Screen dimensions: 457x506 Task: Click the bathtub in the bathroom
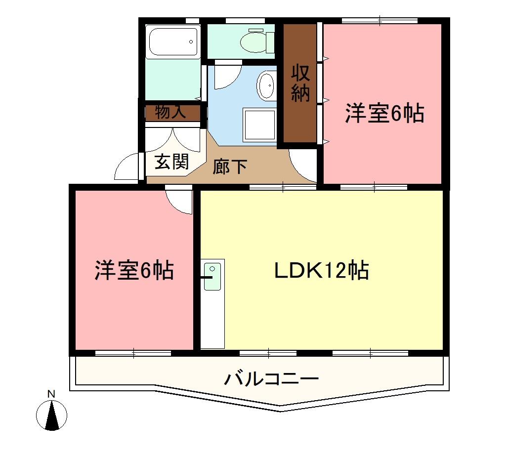tap(173, 42)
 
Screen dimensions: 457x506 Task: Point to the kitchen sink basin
tap(212, 269)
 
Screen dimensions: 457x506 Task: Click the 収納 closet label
tap(300, 83)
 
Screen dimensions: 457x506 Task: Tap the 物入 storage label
tap(170, 113)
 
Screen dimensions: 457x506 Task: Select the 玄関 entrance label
tap(171, 162)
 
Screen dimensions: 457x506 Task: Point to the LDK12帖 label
tap(322, 270)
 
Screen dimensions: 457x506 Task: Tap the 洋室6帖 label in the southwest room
tap(134, 270)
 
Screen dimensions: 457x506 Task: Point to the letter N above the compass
tap(50, 394)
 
